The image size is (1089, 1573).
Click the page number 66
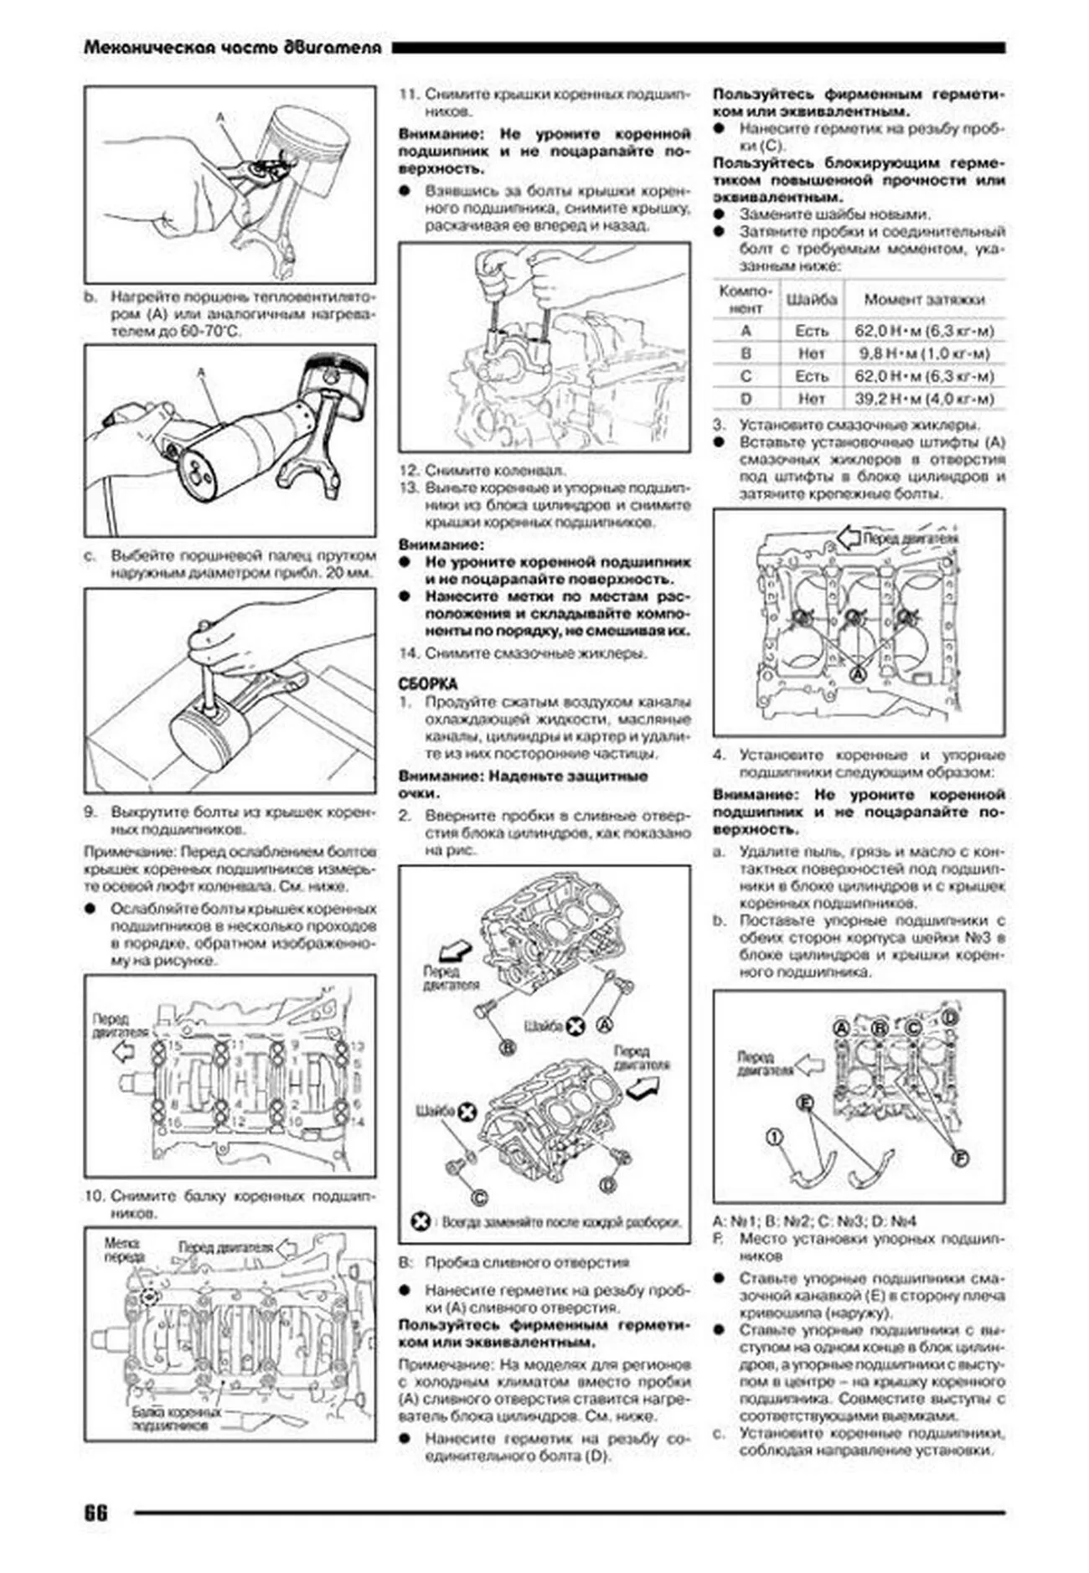pos(95,1513)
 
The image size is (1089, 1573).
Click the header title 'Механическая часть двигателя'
pos(233,48)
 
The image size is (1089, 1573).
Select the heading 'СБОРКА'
pos(428,684)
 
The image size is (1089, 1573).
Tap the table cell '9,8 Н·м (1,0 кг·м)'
pos(925,353)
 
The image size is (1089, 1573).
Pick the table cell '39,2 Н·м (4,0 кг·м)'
pos(925,399)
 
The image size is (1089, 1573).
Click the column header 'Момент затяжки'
pos(925,299)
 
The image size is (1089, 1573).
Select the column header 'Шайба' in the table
pos(811,299)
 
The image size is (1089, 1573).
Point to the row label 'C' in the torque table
pos(746,376)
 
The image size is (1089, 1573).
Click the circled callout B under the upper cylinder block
pos(507,1047)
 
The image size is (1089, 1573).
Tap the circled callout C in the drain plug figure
pos(480,1198)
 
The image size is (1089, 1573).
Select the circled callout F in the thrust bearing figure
pos(961,1158)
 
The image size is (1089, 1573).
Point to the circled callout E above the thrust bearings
pos(805,1103)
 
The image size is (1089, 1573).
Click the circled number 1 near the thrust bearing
pos(775,1137)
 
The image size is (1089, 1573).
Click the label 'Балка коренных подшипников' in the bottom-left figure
pos(178,1417)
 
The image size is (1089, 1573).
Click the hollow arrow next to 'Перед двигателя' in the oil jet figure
pos(849,537)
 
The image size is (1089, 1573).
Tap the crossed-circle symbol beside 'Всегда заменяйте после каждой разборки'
pos(421,1221)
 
